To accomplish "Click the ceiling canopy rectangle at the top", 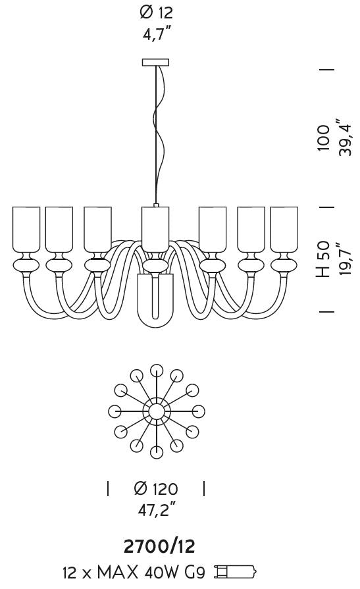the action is pyautogui.click(x=155, y=63).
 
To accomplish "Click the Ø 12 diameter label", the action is pyautogui.click(x=157, y=13).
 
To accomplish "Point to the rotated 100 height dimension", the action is pyautogui.click(x=324, y=138).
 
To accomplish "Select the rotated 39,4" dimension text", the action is pyautogui.click(x=344, y=138).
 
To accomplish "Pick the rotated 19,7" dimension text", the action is pyautogui.click(x=343, y=259).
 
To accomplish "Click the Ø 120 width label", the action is pyautogui.click(x=155, y=488).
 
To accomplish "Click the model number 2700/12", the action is pyautogui.click(x=159, y=546).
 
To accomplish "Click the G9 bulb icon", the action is pyautogui.click(x=235, y=572).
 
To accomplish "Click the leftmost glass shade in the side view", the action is pyautogui.click(x=26, y=230).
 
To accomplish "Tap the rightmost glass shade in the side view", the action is pyautogui.click(x=284, y=230).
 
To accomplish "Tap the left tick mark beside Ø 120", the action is pyautogui.click(x=108, y=488).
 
